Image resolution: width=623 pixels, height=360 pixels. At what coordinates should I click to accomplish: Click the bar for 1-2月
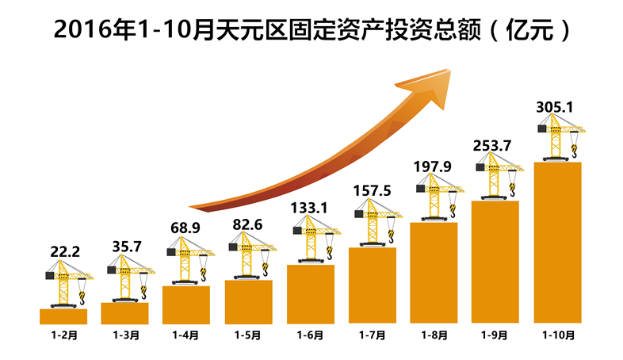[x=63, y=316]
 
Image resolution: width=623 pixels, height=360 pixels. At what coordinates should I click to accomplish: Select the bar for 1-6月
[x=311, y=294]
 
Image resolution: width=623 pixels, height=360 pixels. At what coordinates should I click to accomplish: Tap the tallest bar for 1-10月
[x=558, y=243]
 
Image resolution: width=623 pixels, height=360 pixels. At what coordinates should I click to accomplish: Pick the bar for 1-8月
[x=434, y=273]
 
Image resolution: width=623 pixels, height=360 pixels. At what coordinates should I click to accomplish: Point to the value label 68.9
[x=186, y=228]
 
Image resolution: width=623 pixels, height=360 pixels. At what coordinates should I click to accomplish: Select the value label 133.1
[x=311, y=209]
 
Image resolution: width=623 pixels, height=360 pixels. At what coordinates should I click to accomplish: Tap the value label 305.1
[x=558, y=105]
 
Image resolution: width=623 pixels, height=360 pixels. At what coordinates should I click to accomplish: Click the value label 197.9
[x=434, y=166]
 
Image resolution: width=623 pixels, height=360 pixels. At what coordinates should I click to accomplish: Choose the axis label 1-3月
[x=124, y=335]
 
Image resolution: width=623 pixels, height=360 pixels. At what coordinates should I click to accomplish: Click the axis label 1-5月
[x=248, y=335]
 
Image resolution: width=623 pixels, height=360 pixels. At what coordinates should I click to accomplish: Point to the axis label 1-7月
[x=373, y=335]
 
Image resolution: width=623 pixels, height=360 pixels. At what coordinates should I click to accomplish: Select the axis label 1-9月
[x=496, y=335]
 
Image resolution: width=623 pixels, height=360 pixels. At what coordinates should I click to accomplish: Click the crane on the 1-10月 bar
[x=562, y=140]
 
